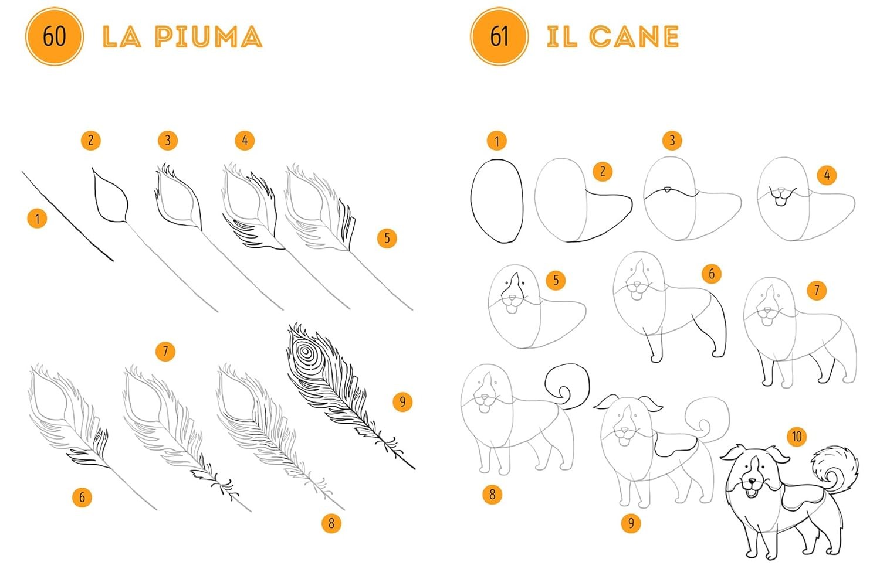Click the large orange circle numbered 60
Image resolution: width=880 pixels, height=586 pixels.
[55, 36]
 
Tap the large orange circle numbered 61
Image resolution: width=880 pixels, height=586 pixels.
[499, 36]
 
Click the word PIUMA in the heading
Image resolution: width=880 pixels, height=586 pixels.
[209, 37]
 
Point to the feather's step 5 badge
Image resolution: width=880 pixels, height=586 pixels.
[387, 238]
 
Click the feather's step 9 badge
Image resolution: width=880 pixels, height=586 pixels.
[402, 401]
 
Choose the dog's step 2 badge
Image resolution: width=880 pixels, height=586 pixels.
[603, 172]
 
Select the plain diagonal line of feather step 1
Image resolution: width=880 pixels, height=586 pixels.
[67, 216]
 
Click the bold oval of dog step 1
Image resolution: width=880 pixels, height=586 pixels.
[497, 201]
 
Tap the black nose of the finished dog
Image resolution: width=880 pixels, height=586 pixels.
[751, 481]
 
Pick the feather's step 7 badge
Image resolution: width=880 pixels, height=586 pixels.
[165, 351]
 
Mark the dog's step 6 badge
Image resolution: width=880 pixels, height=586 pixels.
[712, 274]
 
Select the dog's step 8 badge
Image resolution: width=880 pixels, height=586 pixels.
[492, 494]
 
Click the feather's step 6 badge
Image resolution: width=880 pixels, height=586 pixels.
[82, 498]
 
